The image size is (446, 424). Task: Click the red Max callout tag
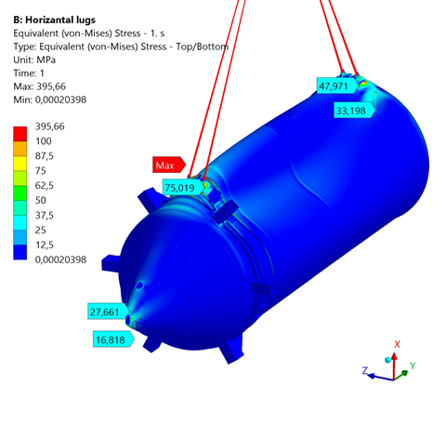click(169, 165)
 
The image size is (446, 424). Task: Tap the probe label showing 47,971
click(337, 86)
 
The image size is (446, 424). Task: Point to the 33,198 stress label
click(355, 110)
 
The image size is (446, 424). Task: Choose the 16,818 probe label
click(113, 339)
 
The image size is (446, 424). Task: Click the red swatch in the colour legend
click(20, 134)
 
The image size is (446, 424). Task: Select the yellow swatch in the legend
click(20, 164)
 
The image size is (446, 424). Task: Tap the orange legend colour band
click(20, 149)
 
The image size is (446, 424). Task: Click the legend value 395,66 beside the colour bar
click(49, 126)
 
